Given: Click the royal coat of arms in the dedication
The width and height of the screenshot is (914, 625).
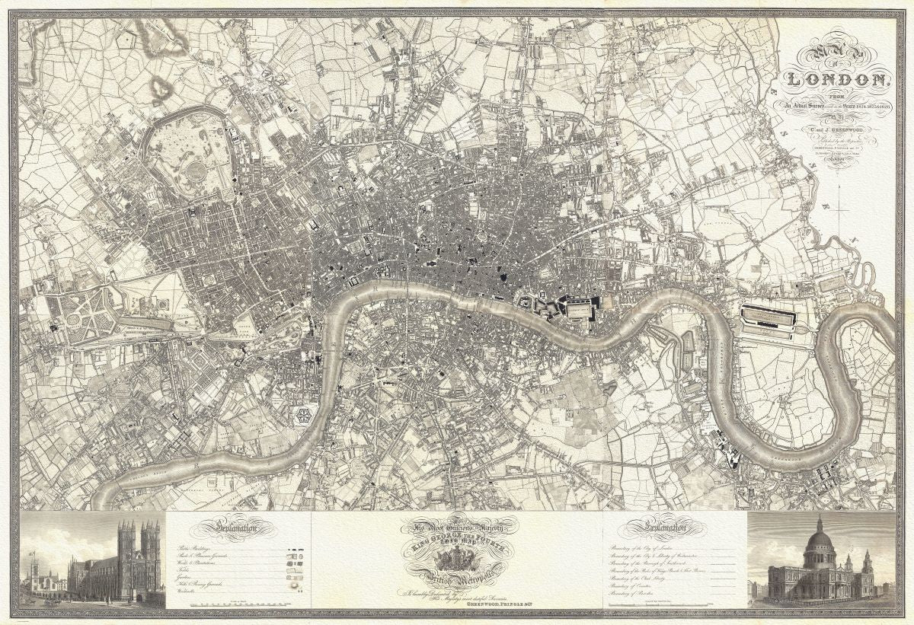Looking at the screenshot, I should [x=457, y=560].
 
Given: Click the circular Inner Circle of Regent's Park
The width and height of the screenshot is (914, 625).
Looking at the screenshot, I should [x=197, y=169].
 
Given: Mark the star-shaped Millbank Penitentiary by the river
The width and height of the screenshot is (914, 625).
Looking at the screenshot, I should [x=304, y=415].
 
